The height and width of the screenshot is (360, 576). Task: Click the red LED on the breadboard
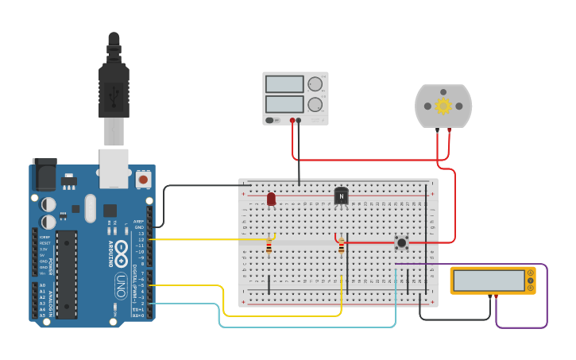point(271,198)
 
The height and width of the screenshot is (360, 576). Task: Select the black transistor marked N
point(341,195)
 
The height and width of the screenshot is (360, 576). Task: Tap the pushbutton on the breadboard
point(402,242)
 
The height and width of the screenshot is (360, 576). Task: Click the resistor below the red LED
point(269,249)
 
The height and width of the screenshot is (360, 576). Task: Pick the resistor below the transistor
point(341,249)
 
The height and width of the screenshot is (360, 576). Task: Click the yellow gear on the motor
point(443,106)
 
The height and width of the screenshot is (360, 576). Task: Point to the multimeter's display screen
point(489,281)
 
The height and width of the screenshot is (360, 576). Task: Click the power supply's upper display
point(284,84)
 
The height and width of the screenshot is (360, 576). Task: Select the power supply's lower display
point(284,104)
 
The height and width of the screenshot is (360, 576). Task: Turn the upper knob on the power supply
point(315,83)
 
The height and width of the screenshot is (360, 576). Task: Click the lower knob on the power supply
point(315,104)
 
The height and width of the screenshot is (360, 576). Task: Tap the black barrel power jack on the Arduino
point(44,174)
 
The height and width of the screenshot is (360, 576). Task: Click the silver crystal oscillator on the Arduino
point(90,207)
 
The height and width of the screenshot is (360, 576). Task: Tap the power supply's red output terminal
point(292,121)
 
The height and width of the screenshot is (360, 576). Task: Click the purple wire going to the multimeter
point(547,294)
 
